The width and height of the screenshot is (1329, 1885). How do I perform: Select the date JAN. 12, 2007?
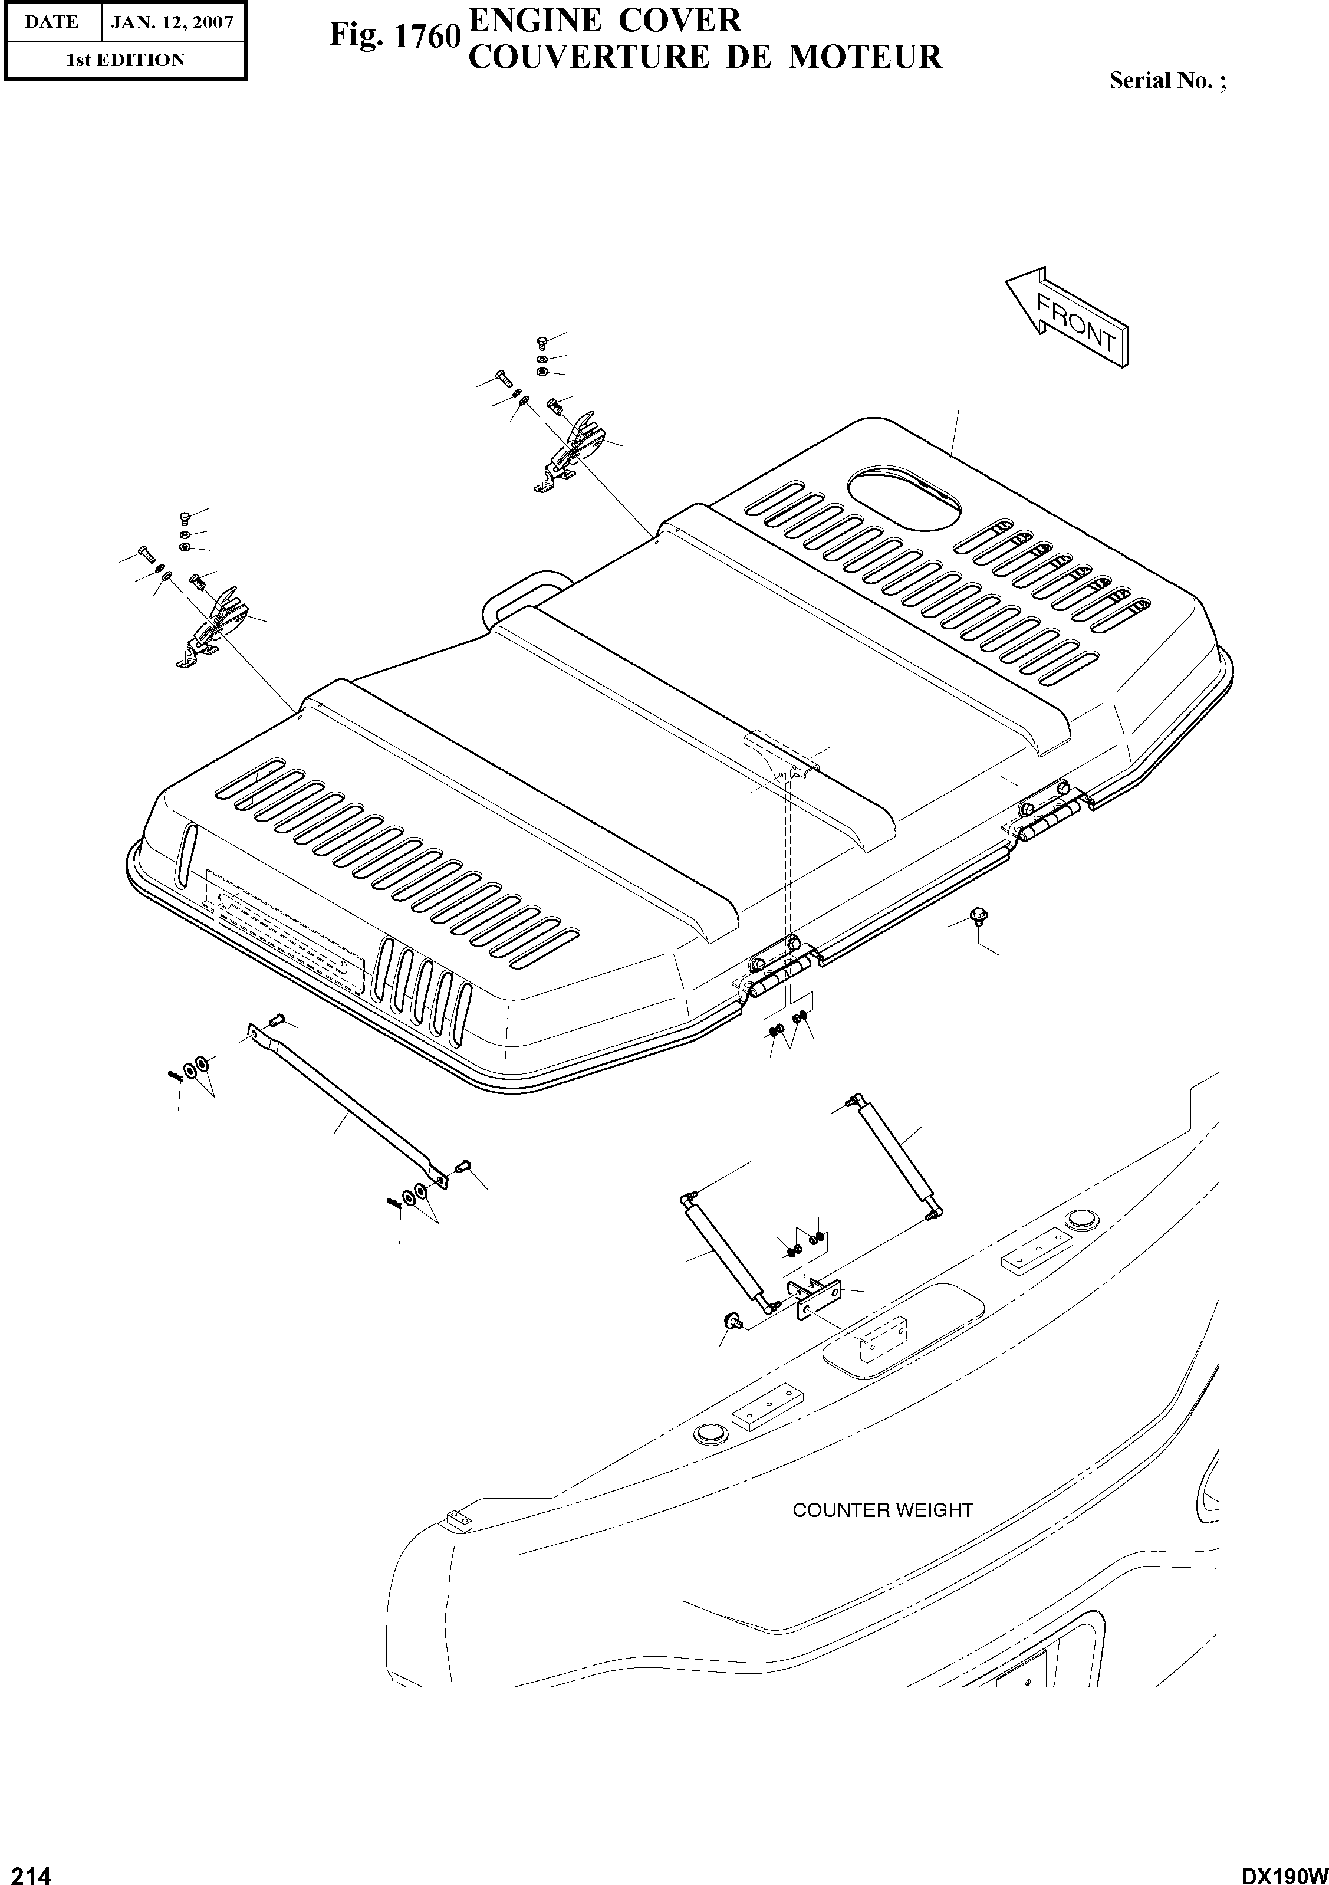[x=172, y=22]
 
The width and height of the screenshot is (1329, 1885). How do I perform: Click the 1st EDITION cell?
[x=125, y=60]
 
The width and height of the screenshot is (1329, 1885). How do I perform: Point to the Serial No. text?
[x=1166, y=80]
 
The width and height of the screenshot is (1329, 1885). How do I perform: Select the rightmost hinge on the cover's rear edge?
[x=1051, y=813]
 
